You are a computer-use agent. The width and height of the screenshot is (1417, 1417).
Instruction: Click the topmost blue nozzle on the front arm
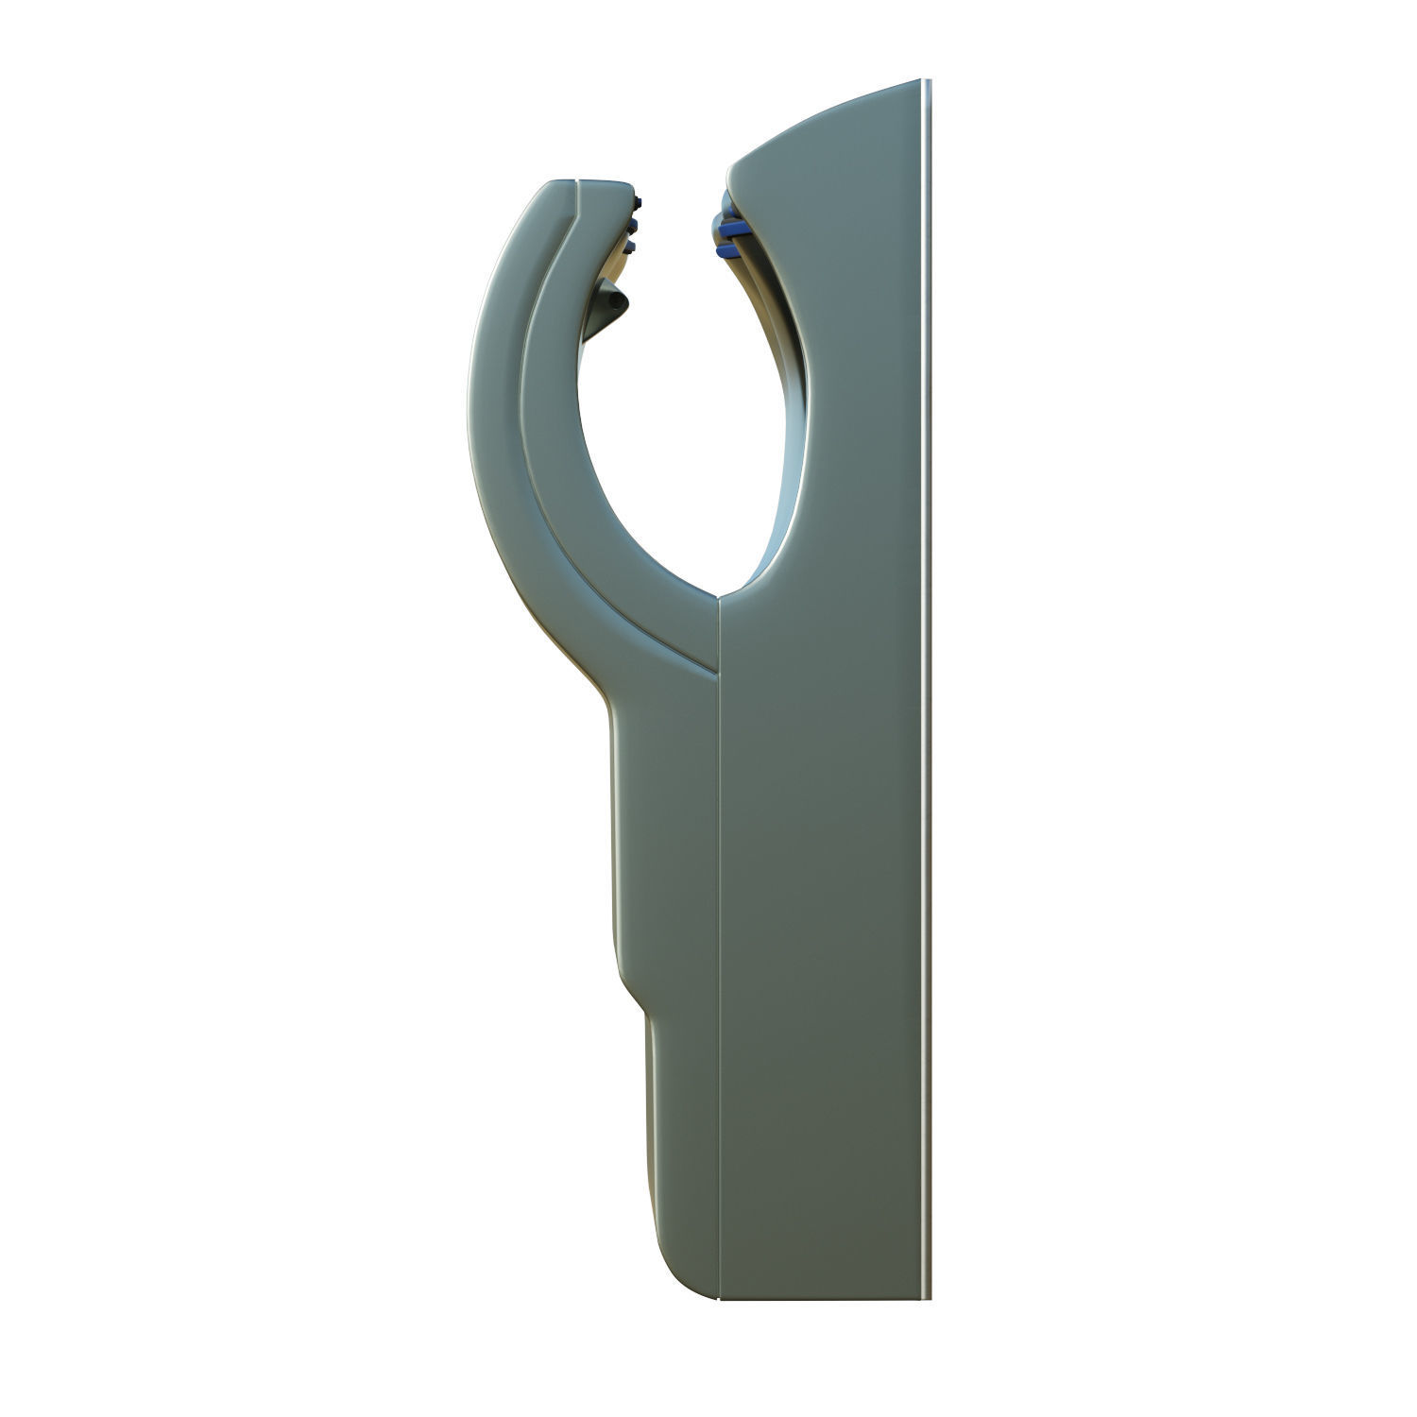click(640, 200)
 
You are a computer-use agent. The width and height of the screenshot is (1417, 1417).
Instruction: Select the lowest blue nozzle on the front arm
click(629, 246)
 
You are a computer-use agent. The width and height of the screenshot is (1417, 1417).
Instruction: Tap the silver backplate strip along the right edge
click(928, 661)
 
